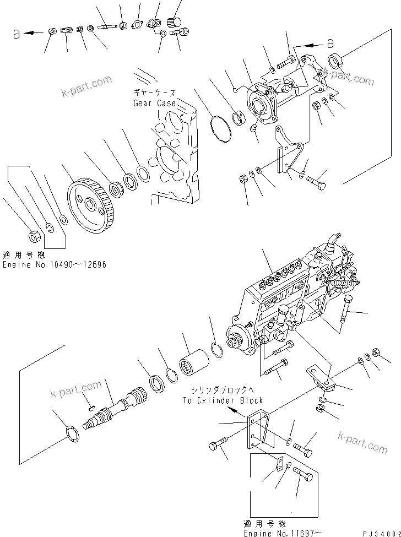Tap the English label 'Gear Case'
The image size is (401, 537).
click(x=154, y=103)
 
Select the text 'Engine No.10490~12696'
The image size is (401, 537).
click(x=54, y=265)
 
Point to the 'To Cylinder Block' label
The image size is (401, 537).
click(x=223, y=400)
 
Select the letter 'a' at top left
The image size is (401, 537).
click(x=17, y=34)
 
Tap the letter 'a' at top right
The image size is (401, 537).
click(x=330, y=42)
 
